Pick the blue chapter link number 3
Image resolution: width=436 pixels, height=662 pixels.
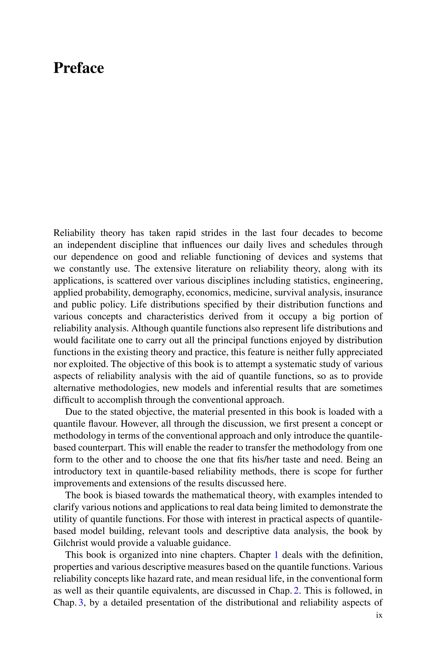81,603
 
